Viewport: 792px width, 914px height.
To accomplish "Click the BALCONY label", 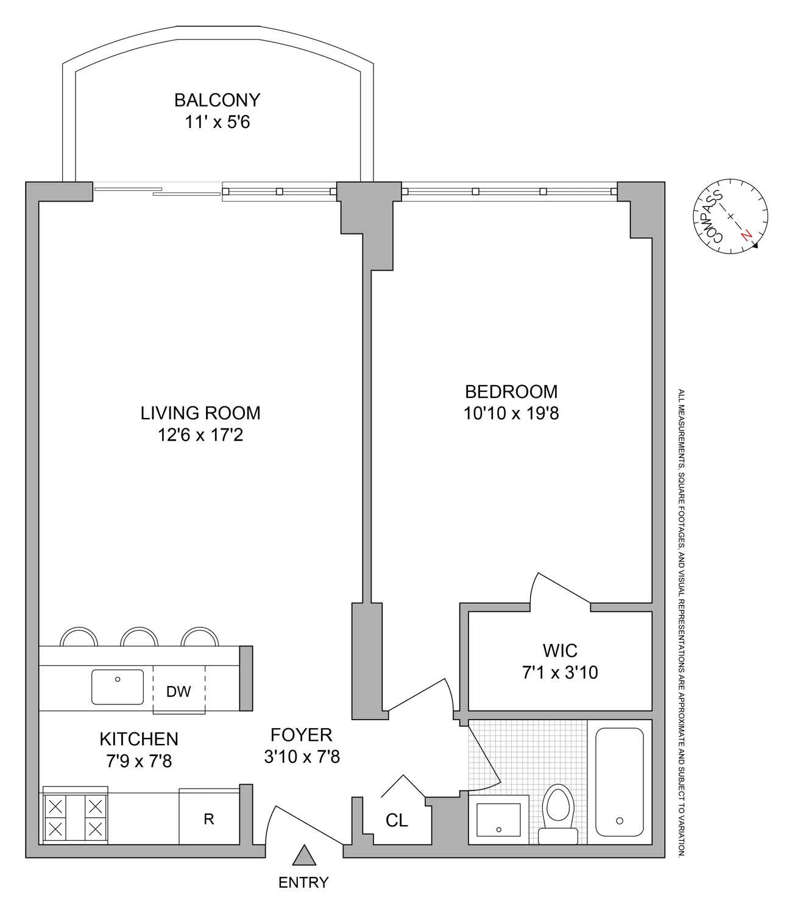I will [217, 99].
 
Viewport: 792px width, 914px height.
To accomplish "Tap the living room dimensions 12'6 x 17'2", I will [200, 435].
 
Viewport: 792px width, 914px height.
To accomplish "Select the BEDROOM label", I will [511, 391].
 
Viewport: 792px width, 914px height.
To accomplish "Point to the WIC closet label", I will [560, 650].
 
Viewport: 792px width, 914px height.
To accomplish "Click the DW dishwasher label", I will [179, 692].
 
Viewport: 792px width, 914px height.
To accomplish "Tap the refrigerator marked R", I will [208, 819].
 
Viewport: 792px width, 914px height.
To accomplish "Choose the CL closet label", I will [397, 820].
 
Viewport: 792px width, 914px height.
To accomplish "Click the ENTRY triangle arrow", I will [303, 856].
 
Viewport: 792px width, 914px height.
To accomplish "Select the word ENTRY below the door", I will [303, 882].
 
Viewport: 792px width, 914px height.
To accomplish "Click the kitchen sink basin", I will [118, 687].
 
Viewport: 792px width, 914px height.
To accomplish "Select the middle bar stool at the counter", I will [140, 637].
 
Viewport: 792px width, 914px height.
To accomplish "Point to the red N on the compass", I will [744, 236].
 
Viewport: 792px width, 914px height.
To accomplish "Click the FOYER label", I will [302, 735].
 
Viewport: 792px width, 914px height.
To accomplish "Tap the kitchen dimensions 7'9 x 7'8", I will [139, 761].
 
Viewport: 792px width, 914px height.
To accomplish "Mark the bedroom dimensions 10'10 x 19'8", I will [511, 414].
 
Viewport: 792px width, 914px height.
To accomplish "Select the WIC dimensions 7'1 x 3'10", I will [560, 673].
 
